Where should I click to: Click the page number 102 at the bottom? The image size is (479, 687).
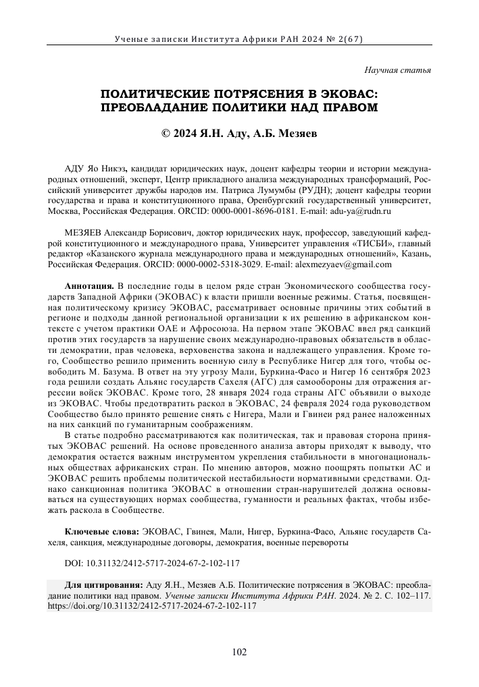tap(239, 651)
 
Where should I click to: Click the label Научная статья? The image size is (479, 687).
tap(398, 70)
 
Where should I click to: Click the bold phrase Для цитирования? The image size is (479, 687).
tap(103, 586)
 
